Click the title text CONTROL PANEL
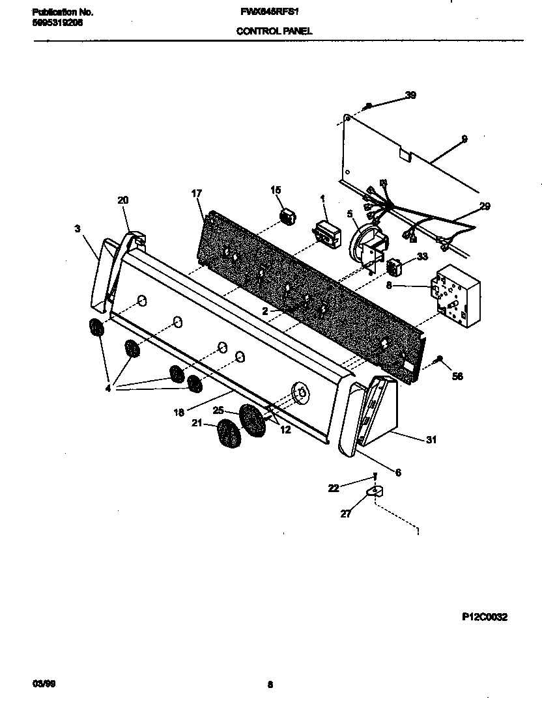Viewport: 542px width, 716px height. click(274, 31)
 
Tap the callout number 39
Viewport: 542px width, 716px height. click(410, 95)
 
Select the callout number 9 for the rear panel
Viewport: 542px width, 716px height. click(464, 139)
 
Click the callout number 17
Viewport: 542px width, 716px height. click(196, 193)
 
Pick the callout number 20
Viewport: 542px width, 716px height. click(123, 200)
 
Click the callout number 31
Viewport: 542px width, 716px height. click(431, 439)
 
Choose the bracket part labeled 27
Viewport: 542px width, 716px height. click(375, 491)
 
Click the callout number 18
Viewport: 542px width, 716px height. click(178, 412)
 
